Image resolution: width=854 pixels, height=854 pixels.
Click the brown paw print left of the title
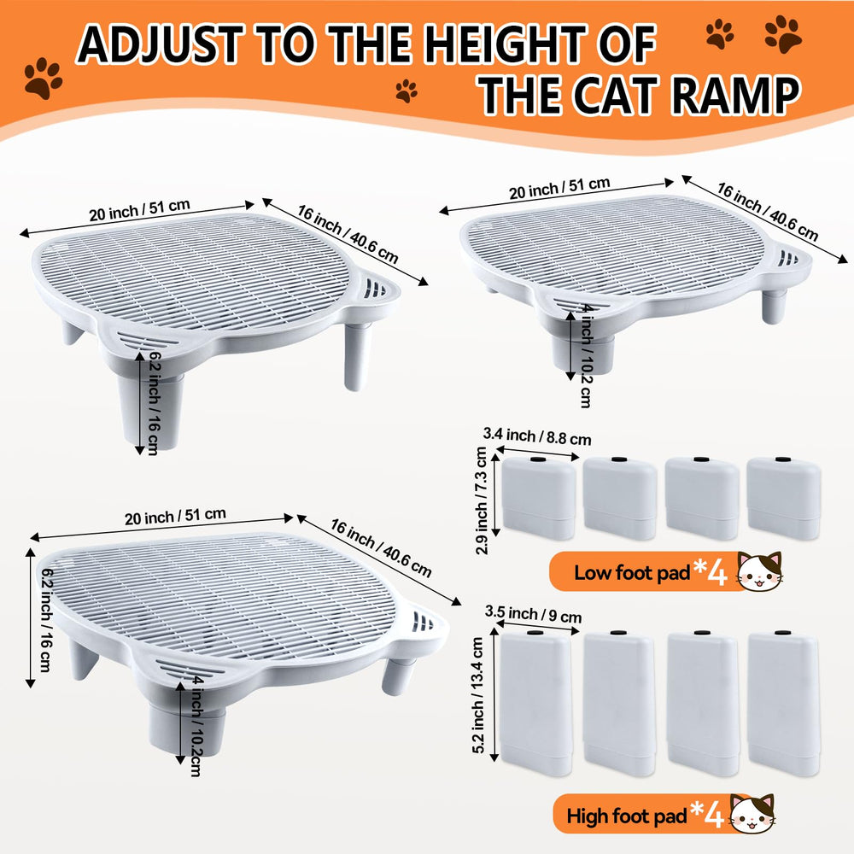[43, 79]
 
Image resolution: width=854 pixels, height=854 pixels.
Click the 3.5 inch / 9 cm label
[533, 613]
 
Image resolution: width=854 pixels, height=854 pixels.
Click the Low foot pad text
[631, 572]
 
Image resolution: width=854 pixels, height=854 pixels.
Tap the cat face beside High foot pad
[753, 813]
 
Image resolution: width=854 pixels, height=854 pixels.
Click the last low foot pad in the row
[783, 499]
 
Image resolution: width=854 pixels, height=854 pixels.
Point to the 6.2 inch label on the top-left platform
[154, 401]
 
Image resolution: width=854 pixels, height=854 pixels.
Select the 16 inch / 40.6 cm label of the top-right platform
[766, 211]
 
